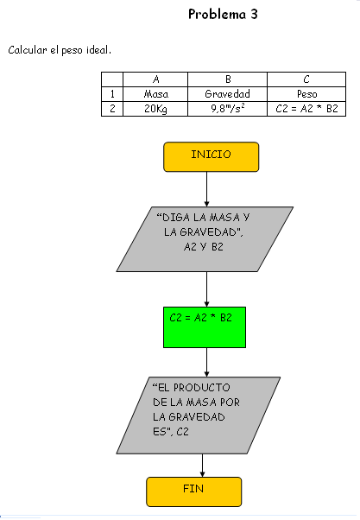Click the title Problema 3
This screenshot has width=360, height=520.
(x=223, y=15)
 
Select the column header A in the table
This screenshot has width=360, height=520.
(x=155, y=79)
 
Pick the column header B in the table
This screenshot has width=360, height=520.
(x=227, y=79)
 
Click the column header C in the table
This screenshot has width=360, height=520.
(x=306, y=79)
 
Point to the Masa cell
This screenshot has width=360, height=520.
(x=155, y=94)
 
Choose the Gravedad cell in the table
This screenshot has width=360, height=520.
(x=227, y=94)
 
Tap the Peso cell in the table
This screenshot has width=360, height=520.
(x=306, y=94)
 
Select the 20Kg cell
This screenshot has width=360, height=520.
(x=155, y=109)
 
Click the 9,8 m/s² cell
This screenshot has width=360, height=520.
(x=227, y=109)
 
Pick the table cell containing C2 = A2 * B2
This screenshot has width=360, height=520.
(x=306, y=109)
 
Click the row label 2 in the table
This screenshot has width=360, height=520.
(x=112, y=109)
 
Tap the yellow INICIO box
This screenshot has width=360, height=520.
(x=212, y=157)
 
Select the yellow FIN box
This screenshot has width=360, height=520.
(x=194, y=491)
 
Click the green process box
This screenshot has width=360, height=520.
(x=205, y=327)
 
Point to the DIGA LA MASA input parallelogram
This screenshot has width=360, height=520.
(x=205, y=239)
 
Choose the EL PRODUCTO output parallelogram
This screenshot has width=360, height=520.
(x=199, y=415)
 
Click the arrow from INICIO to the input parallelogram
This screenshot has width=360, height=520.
(x=206, y=189)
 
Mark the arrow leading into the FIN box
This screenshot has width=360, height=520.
(x=202, y=466)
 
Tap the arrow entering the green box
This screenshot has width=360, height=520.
(x=206, y=289)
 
